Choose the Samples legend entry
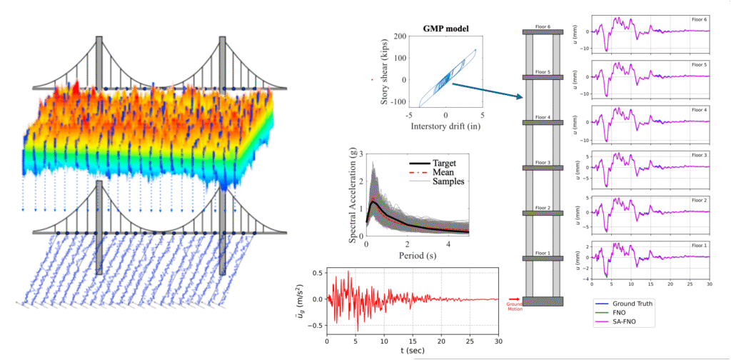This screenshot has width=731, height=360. (448, 181)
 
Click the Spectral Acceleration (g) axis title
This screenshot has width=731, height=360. (353, 197)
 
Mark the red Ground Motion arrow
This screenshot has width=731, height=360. (513, 301)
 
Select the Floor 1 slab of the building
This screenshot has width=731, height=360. (543, 259)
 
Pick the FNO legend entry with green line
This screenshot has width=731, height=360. (623, 314)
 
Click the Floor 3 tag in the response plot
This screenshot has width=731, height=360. (700, 156)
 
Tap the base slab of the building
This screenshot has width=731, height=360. (543, 301)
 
